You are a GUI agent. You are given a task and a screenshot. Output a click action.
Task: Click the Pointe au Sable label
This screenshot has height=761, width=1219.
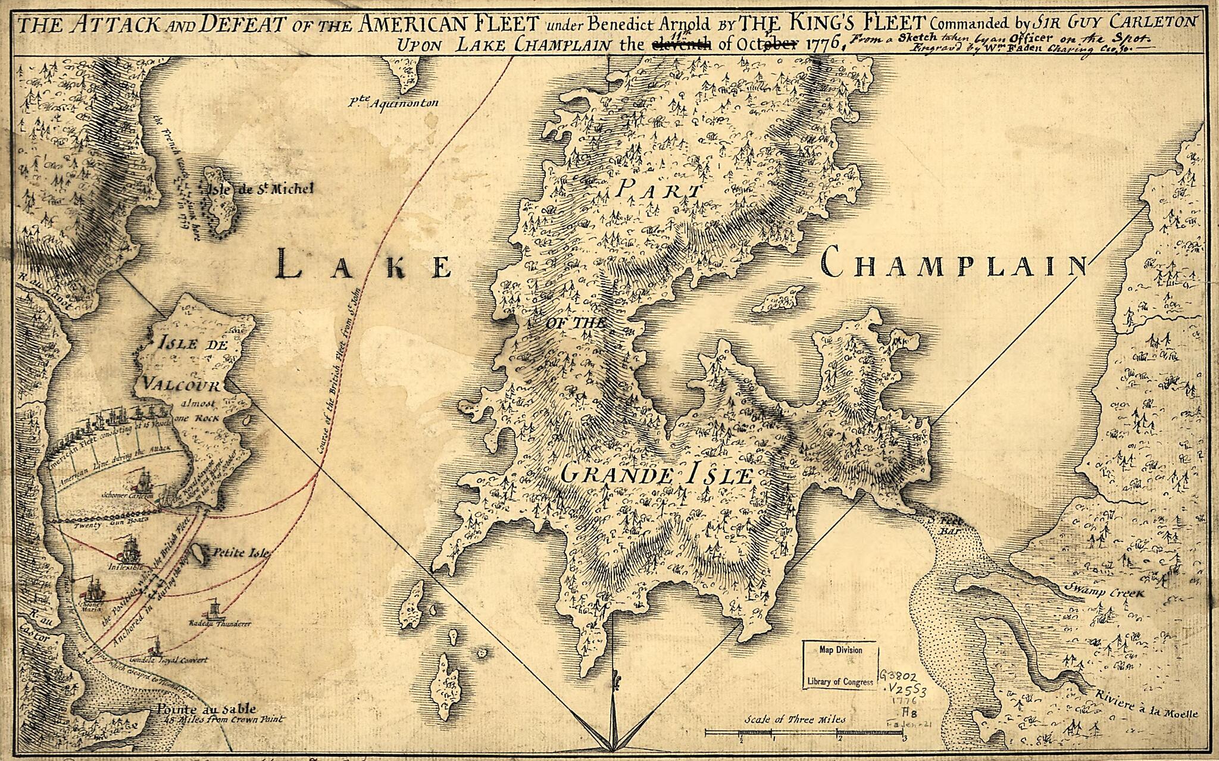(207, 709)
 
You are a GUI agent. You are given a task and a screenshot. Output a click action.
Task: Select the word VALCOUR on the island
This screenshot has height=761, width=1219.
(183, 384)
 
